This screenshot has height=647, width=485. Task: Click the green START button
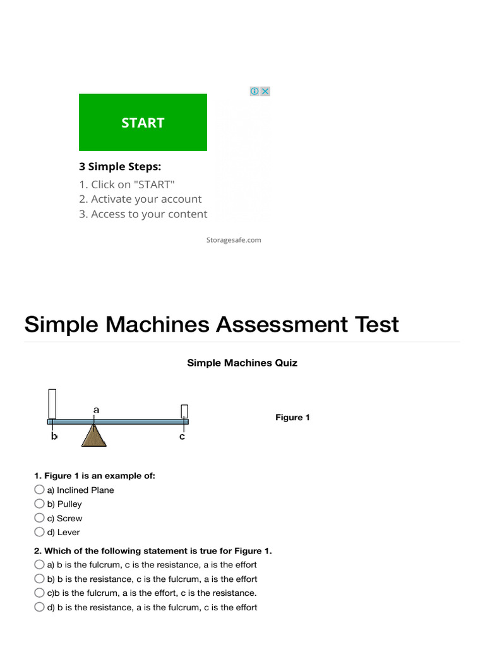coord(143,123)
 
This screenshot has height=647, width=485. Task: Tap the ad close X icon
coord(265,91)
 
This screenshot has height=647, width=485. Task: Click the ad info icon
coord(254,91)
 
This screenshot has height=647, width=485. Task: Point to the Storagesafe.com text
coord(234,240)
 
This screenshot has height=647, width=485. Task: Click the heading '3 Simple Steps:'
coord(120,167)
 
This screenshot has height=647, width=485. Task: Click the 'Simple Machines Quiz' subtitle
coord(242,363)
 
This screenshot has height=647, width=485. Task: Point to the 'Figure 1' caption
coord(292,418)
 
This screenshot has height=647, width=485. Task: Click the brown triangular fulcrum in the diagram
coord(94,435)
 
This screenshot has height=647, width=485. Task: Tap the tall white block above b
coord(52,404)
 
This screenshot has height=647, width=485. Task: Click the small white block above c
coord(184,411)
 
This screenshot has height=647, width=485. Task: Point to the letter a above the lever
coord(96,409)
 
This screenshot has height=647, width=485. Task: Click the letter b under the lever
coord(54,437)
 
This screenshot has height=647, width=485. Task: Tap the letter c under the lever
coord(183,437)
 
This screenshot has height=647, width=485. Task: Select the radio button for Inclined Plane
coord(40,490)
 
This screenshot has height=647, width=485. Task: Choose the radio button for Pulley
coord(40,504)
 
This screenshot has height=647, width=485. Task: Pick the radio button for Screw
coord(40,518)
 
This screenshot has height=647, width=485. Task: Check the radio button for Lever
coord(40,532)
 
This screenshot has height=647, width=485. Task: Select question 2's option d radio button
coord(40,607)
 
